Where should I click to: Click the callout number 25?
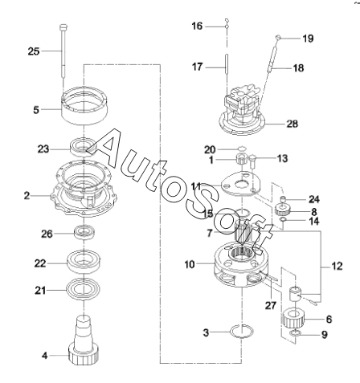click(34, 51)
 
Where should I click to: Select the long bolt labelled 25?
click(63, 51)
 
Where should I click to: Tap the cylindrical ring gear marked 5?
click(84, 105)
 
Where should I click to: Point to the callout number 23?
click(43, 149)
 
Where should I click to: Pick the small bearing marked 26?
click(84, 232)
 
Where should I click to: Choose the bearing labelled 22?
click(84, 261)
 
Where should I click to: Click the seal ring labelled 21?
click(84, 289)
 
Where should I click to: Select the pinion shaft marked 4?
click(84, 340)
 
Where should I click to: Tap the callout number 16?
click(197, 26)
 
